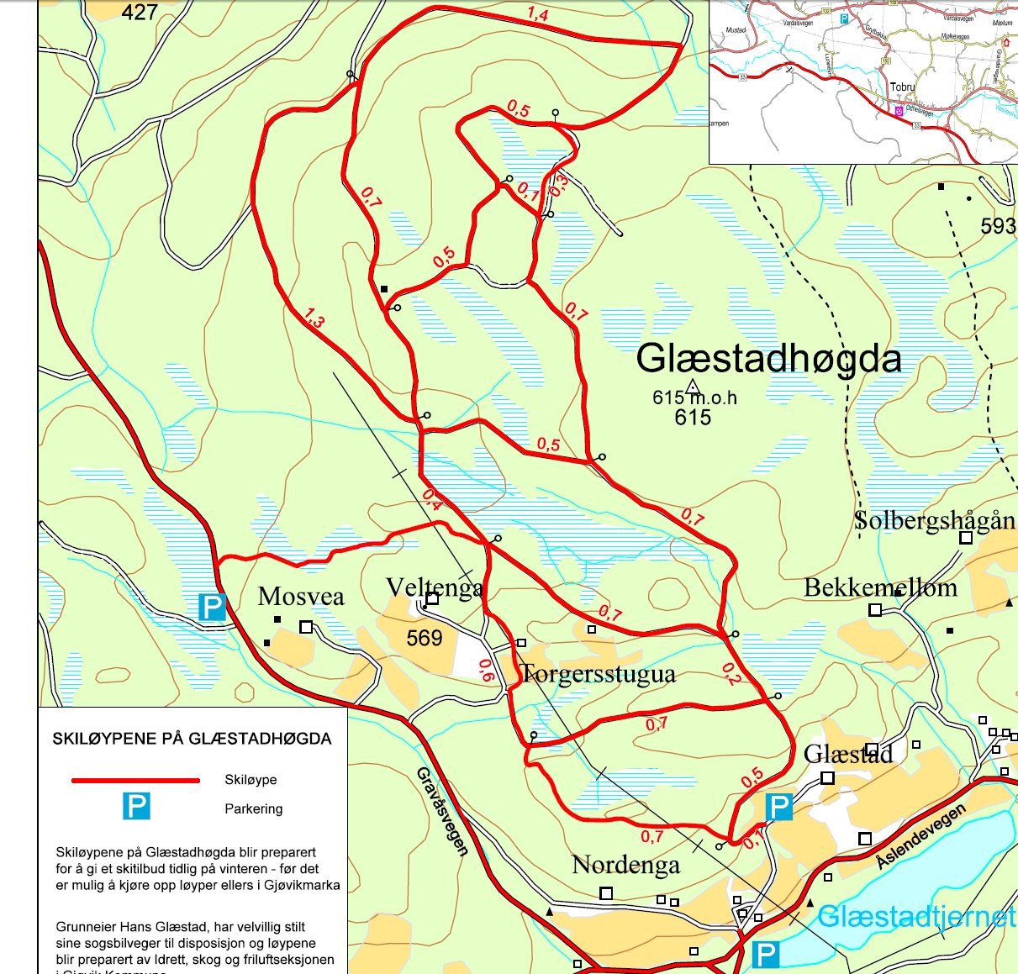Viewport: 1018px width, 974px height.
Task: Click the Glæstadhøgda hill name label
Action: (x=768, y=359)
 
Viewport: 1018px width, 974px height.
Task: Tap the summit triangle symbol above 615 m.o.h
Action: (x=692, y=387)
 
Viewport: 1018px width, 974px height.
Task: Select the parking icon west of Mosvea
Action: (x=212, y=608)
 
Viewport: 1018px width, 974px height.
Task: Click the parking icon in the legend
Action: (x=136, y=807)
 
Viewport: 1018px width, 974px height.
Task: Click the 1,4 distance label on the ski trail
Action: (x=538, y=13)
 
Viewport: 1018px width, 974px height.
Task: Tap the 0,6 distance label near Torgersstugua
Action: (x=485, y=670)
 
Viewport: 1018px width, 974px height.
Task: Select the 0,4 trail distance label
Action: (x=431, y=499)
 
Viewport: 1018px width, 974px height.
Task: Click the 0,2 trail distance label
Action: (x=729, y=673)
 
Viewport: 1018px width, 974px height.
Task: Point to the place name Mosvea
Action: (x=301, y=597)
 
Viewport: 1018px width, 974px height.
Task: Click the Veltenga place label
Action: (x=434, y=587)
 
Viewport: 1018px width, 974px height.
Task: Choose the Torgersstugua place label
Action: (x=598, y=674)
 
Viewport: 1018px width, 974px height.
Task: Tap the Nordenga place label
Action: (x=625, y=865)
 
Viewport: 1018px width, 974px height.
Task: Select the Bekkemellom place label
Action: (x=880, y=587)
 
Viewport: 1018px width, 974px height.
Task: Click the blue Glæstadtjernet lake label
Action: (x=916, y=916)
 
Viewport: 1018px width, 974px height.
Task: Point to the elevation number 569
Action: (x=425, y=639)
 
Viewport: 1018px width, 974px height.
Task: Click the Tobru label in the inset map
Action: (x=903, y=87)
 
